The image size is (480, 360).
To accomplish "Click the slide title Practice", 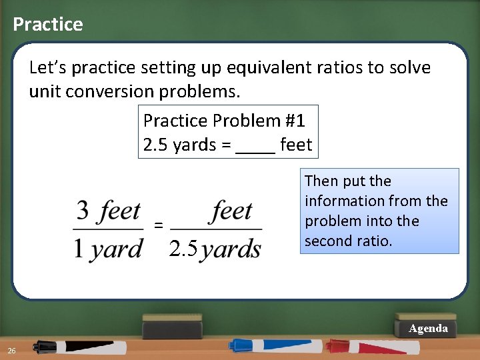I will (x=48, y=25).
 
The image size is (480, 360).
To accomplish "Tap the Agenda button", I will (x=428, y=329).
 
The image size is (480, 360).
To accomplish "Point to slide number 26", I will (x=11, y=351).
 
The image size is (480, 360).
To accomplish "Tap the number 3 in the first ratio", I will (x=83, y=212).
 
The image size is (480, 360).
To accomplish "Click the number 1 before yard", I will (x=79, y=249).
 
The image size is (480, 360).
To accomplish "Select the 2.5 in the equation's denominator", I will (x=183, y=249).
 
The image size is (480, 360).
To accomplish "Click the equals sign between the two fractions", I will (x=159, y=225).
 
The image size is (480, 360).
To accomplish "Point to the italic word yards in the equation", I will (x=231, y=249).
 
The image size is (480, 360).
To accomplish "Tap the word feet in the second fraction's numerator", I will (x=232, y=212).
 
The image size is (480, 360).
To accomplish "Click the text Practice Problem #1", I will (x=224, y=121).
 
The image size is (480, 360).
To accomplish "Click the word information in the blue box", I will (x=343, y=201).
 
